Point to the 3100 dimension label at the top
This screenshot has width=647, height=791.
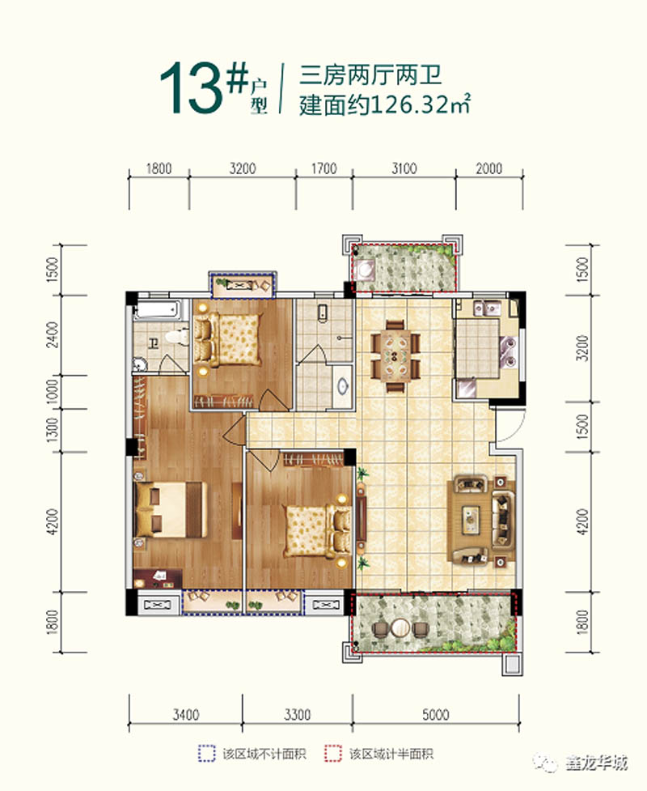coord(404,169)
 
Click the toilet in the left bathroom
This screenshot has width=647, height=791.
coord(172,337)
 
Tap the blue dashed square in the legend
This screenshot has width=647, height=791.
coord(207,754)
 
